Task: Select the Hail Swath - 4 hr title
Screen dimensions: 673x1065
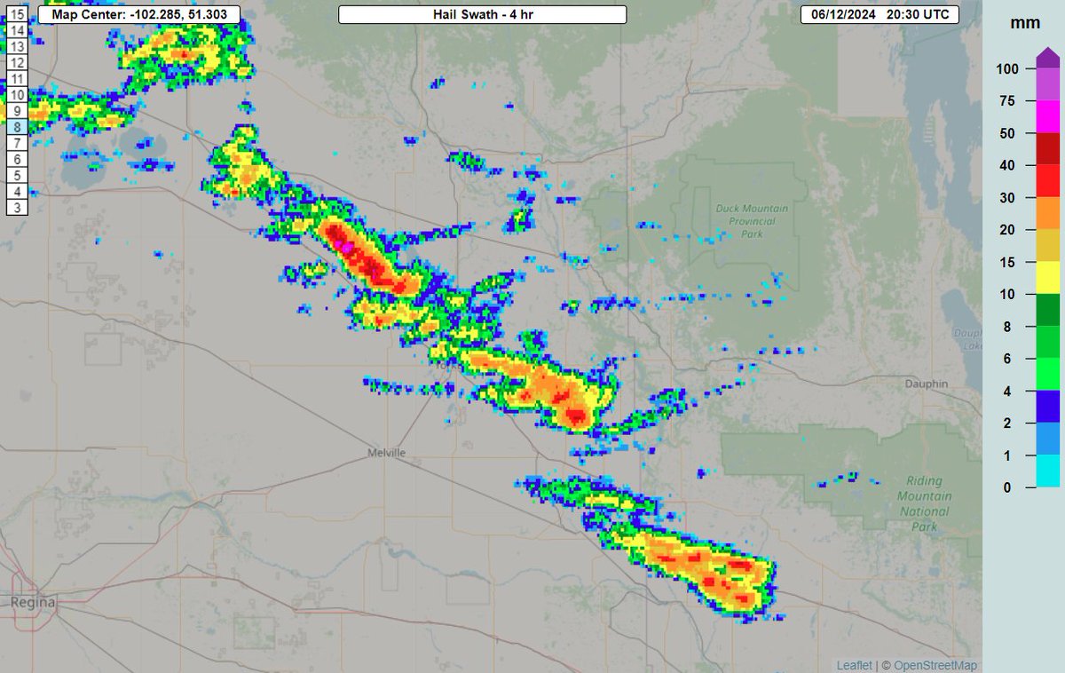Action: (483, 15)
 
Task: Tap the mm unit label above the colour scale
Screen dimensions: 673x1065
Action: (1018, 25)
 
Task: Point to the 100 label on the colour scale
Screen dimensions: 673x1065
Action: (1006, 68)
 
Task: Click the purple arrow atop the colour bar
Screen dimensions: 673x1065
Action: (1047, 59)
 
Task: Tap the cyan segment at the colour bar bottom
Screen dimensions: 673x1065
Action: (1047, 471)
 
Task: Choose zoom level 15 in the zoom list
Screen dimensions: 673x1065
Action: (17, 14)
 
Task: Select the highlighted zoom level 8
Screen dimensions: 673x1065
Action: (17, 127)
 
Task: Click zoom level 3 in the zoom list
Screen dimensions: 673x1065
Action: (17, 207)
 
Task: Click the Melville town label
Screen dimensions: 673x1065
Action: (386, 453)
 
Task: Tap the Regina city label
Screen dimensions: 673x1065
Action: (33, 603)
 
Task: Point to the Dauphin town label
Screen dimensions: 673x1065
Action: (927, 384)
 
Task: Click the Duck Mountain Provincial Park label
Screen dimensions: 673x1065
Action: (751, 221)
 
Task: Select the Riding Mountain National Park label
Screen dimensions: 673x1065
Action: (924, 503)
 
